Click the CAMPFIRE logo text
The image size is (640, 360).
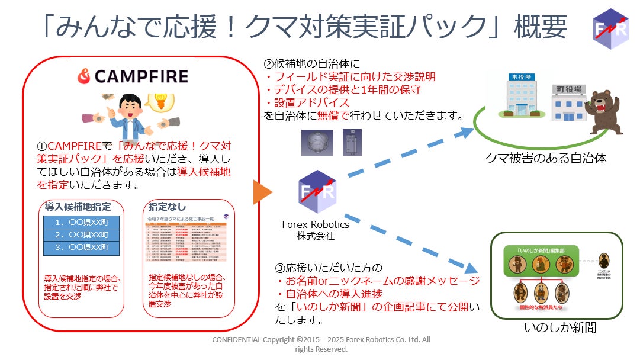point(133,76)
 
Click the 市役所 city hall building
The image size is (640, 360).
point(514,97)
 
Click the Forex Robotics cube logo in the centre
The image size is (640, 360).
point(317,192)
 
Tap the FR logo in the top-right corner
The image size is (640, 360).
point(610,28)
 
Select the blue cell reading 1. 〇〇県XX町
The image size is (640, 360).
point(82,223)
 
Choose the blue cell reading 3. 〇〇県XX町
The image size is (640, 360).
point(82,248)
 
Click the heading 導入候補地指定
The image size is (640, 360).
point(78,207)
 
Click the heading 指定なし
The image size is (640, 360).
point(167,207)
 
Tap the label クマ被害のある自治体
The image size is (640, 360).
point(545,158)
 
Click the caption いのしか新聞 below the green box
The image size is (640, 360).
point(559,327)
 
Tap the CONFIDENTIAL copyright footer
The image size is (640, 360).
point(321,344)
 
